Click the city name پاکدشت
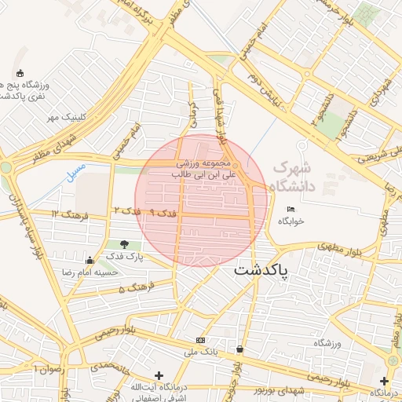(261, 271)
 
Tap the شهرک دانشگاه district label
(291, 177)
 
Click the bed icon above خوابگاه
(291, 209)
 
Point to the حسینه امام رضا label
(90, 272)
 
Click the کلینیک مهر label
(64, 117)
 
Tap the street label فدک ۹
(163, 213)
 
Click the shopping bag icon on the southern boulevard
(239, 349)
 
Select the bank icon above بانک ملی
(201, 340)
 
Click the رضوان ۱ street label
(46, 368)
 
